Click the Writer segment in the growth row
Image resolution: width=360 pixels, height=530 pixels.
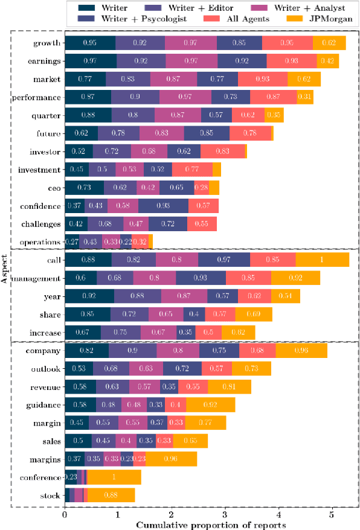coord(90,43)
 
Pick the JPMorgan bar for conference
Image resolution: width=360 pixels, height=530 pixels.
coord(114,477)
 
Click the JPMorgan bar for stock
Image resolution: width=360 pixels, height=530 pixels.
coord(111,496)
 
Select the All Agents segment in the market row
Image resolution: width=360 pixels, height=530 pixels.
coord(263,79)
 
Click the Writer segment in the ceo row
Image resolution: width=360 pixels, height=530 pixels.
coord(84,188)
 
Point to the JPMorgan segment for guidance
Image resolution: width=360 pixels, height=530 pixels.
coord(210,405)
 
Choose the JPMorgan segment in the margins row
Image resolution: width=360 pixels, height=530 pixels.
coord(171,459)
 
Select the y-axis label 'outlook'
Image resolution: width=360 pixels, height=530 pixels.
coord(45,369)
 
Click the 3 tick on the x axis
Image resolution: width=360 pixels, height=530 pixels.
coord(225,514)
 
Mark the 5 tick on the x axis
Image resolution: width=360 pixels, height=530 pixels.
coord(332,514)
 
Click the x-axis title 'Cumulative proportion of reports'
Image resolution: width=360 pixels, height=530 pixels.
coord(211,524)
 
